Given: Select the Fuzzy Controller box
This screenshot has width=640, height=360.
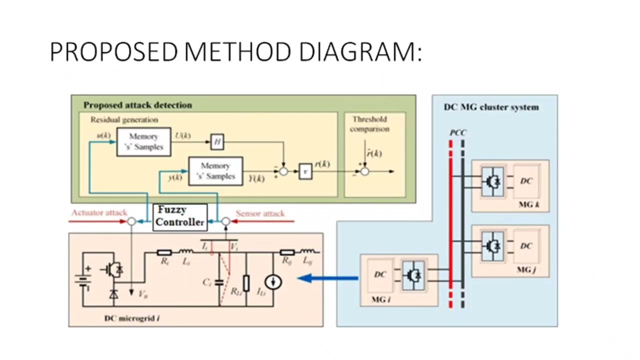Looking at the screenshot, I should click(180, 216).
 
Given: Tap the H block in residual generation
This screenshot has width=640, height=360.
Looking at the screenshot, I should click(217, 142).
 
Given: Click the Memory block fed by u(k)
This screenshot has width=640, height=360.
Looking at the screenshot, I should click(144, 142).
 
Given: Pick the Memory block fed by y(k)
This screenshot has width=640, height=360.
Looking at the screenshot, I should click(215, 171).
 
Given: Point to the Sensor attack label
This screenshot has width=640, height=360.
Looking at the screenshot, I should click(260, 213).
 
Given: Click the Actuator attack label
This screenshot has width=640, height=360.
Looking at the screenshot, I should click(99, 213).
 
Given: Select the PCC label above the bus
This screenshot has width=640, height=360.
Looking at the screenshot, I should click(457, 133).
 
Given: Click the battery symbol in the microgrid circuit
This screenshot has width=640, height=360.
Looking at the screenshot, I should click(82, 278).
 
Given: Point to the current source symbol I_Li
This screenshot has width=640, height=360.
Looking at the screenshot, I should click(273, 282).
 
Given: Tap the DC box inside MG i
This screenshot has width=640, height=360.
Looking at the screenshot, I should click(380, 274).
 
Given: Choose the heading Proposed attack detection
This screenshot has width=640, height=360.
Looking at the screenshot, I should click(137, 105).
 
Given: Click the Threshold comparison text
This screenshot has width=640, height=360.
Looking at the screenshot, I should click(369, 124).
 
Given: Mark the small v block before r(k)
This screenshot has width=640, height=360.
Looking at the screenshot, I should click(305, 171).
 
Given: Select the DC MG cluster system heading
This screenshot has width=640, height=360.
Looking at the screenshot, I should click(491, 107).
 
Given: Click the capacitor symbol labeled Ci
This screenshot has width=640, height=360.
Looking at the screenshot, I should click(219, 282).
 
